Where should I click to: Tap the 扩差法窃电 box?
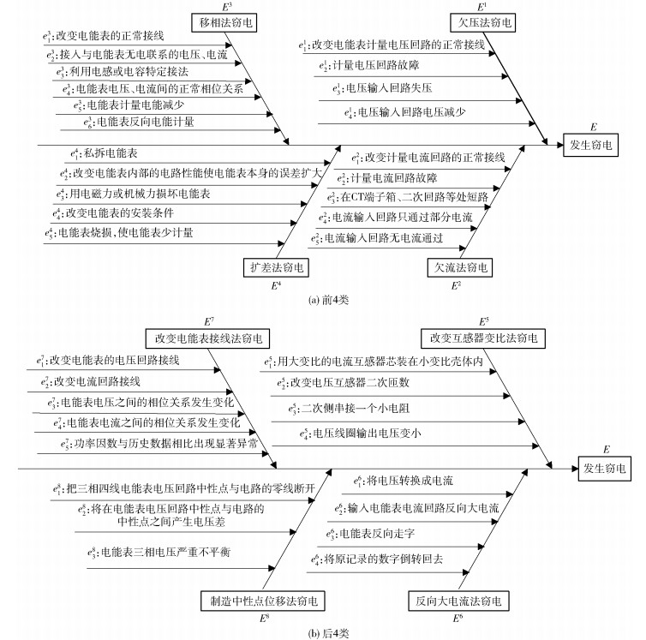coord(275,268)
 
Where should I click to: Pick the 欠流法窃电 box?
coord(460,268)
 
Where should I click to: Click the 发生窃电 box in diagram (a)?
coord(593,146)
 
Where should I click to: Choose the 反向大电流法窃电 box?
coord(453,598)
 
